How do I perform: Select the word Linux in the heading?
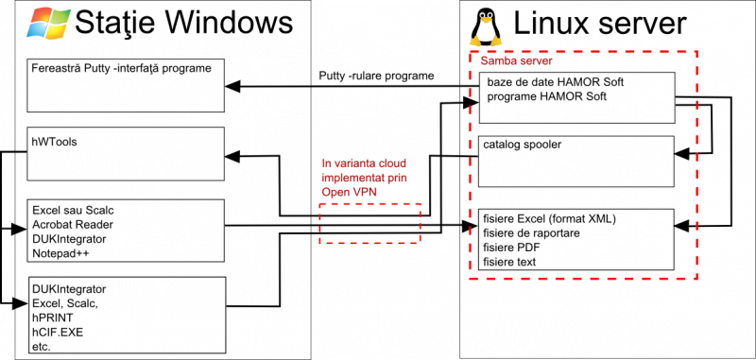pyautogui.click(x=548, y=23)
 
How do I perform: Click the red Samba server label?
pyautogui.click(x=516, y=61)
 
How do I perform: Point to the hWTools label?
pyautogui.click(x=55, y=142)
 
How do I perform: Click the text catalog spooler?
pyautogui.click(x=523, y=145)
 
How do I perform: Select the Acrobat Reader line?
pyautogui.click(x=73, y=225)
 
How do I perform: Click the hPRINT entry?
pyautogui.click(x=53, y=317)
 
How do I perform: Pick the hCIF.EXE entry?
pyautogui.click(x=57, y=332)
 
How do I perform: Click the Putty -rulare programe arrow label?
pyautogui.click(x=376, y=77)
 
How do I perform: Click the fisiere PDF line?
pyautogui.click(x=511, y=248)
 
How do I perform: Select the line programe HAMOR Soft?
pyautogui.click(x=547, y=96)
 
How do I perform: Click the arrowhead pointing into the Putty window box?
pyautogui.click(x=232, y=86)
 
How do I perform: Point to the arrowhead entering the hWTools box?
pyautogui.click(x=232, y=156)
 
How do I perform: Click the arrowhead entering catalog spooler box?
pyautogui.click(x=681, y=154)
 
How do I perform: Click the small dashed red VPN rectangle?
pyautogui.click(x=369, y=223)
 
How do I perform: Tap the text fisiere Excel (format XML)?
pyautogui.click(x=549, y=219)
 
